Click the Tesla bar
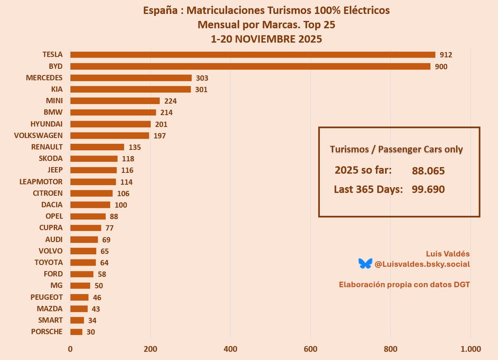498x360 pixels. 252,55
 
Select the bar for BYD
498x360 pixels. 250,66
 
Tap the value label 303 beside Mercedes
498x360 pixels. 202,78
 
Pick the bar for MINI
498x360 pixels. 115,101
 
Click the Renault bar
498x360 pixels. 97,147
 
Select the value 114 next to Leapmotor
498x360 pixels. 126,182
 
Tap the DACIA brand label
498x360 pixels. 52,204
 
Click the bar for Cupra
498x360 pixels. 86,228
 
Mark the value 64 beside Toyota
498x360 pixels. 104,262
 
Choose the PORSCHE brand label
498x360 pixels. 47,332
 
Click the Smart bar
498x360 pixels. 77,320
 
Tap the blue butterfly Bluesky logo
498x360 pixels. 365,263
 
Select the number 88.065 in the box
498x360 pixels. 428,171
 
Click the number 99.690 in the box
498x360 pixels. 428,189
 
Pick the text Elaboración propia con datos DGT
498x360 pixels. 404,285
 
